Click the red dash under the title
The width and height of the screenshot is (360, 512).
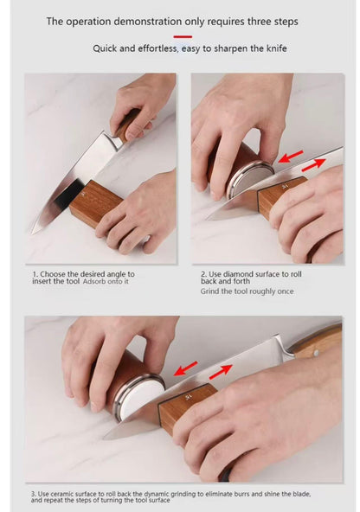coord(183,36)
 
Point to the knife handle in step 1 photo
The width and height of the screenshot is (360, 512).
coord(130,121)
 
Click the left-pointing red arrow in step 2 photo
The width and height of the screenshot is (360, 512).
coord(291,156)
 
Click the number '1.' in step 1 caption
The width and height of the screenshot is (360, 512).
coord(35,274)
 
